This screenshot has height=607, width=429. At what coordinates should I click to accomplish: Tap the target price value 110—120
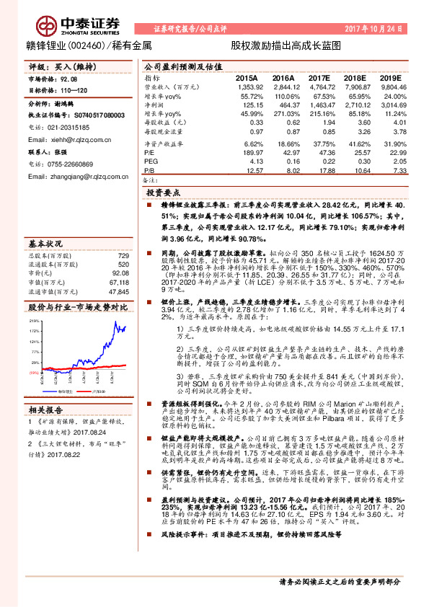click(76, 92)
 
